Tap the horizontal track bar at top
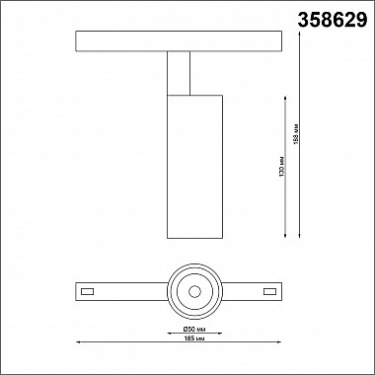179,41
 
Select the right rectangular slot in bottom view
268,291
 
